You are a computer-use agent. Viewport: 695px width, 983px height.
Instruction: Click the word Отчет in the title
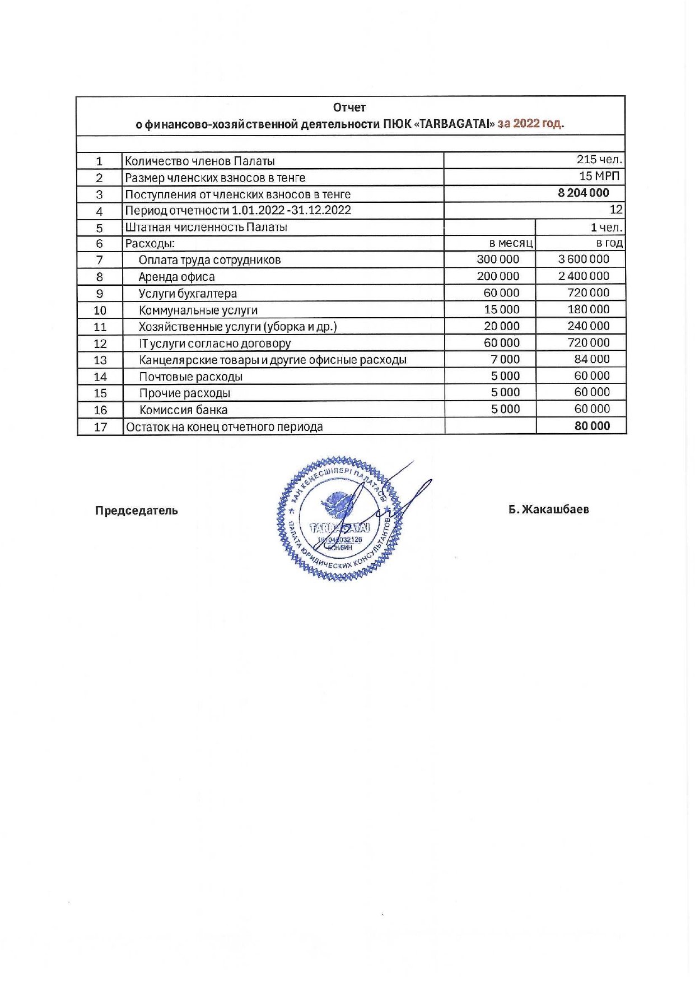(349, 107)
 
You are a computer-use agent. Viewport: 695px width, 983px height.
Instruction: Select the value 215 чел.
(599, 160)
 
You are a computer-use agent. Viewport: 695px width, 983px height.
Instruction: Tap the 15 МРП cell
(599, 176)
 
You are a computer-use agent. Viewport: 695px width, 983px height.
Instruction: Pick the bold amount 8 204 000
(583, 193)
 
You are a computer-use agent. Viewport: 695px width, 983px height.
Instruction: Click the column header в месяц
(511, 243)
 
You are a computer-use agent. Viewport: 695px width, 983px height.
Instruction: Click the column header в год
(609, 243)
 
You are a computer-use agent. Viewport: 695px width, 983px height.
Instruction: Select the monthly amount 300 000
(498, 259)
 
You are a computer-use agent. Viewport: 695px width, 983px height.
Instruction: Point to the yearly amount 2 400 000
(584, 276)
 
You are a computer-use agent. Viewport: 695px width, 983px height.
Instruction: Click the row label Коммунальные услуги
(198, 310)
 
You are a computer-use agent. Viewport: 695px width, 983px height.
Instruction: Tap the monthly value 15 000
(502, 309)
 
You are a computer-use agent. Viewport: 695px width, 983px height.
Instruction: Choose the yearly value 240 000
(587, 326)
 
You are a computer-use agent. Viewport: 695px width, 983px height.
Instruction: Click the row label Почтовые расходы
(190, 377)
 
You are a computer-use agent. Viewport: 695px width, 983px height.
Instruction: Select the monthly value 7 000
(505, 359)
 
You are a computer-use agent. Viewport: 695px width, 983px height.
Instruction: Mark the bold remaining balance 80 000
(592, 426)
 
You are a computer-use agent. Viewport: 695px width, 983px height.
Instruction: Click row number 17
(100, 427)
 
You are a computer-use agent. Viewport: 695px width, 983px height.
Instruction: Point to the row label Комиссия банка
(183, 410)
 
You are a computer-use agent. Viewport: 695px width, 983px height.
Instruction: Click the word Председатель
(136, 511)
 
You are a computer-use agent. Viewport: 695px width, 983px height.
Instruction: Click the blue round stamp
(339, 518)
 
